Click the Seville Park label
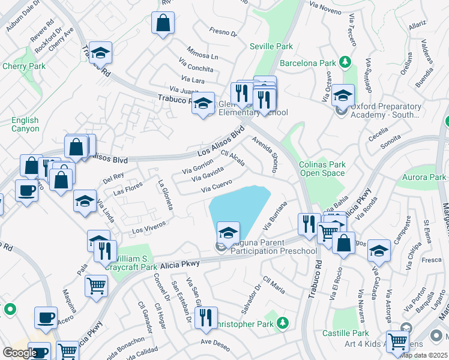272,46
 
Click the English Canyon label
25,125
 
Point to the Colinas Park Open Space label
322,169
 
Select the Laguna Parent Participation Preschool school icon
228,233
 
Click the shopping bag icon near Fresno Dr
163,24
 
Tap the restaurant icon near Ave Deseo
205,317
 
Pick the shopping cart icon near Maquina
96,286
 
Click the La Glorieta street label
165,195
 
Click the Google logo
20,353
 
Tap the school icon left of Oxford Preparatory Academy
343,95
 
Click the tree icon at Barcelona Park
345,62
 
